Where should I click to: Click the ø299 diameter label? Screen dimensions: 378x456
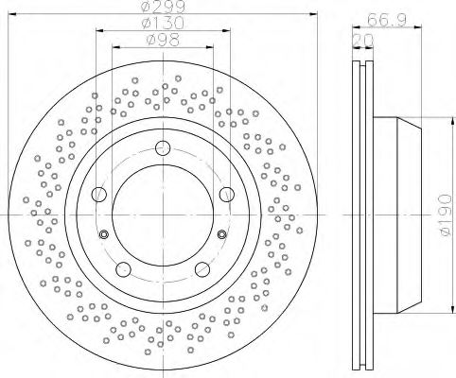point(163,8)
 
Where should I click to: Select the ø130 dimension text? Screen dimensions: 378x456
point(163,23)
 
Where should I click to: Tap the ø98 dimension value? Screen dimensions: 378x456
point(163,39)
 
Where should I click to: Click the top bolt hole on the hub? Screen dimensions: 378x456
point(163,146)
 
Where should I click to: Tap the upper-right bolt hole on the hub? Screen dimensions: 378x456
point(226,194)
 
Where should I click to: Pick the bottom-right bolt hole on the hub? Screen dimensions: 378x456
point(202,268)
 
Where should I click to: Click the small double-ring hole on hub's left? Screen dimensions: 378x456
point(104,235)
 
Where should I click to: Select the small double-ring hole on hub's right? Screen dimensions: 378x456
point(221,235)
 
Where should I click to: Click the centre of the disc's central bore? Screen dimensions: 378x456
point(163,215)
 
